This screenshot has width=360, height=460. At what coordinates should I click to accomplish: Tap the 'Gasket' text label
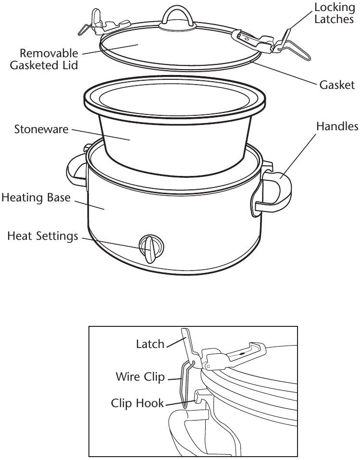pyautogui.click(x=337, y=85)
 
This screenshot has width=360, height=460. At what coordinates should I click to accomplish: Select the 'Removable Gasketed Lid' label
pyautogui.click(x=44, y=58)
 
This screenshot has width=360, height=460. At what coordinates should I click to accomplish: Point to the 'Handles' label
pyautogui.click(x=337, y=126)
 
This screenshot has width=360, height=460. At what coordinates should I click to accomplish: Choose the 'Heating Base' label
pyautogui.click(x=36, y=198)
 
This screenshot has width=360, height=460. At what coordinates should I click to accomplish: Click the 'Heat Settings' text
pyautogui.click(x=42, y=236)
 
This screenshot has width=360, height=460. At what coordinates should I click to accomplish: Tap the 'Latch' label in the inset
pyautogui.click(x=150, y=344)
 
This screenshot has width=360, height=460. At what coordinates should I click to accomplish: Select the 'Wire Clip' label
pyautogui.click(x=140, y=376)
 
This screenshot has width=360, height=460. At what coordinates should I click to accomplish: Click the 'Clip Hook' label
pyautogui.click(x=137, y=403)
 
